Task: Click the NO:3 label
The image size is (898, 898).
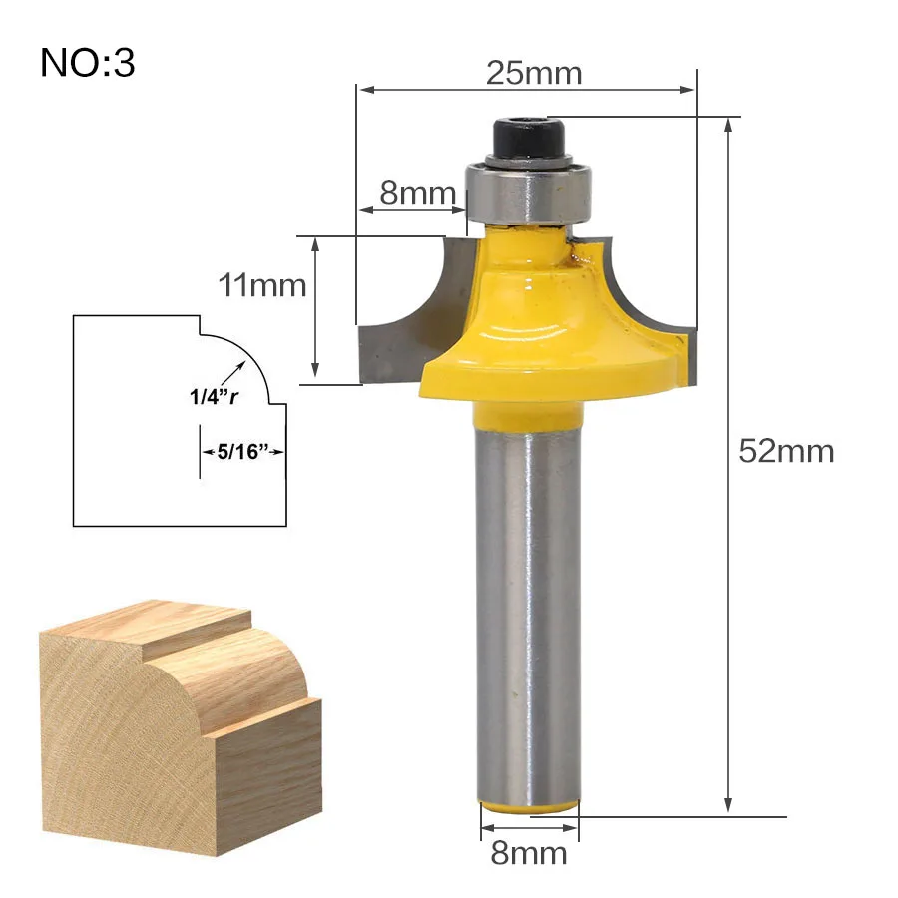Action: coord(88,63)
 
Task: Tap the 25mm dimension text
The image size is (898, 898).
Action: coord(534,73)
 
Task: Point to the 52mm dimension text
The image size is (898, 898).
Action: coord(786,451)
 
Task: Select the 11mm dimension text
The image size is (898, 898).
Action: coord(262,284)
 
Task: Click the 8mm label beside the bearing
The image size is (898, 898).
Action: coord(417,192)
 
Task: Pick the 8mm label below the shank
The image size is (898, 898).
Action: coord(529,853)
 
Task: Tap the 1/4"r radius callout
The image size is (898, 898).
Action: coord(214,396)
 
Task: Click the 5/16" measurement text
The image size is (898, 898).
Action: coord(242,451)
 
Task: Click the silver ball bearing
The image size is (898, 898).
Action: coord(528,193)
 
